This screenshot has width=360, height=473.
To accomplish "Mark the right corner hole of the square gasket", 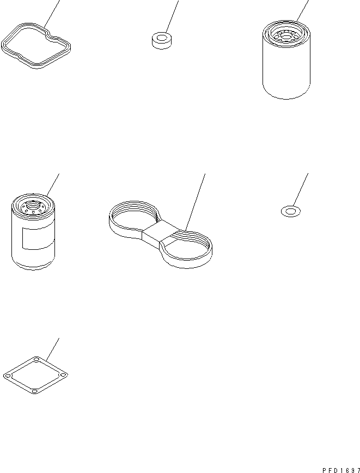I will point(64,374).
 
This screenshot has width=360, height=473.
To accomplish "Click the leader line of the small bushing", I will point(171,16).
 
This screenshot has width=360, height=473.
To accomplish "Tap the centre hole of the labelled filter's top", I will point(32,205).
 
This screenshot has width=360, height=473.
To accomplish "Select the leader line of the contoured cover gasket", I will point(51,14).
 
